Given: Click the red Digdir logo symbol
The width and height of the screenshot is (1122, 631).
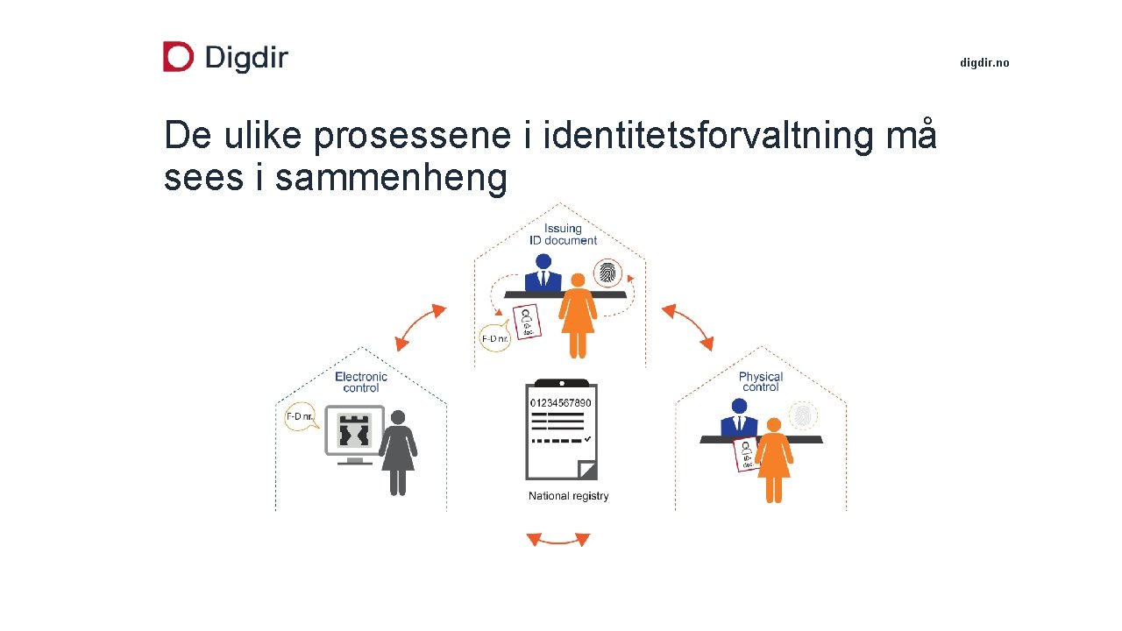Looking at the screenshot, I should point(178,57).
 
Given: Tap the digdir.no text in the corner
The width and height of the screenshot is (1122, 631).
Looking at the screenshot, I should point(984,63).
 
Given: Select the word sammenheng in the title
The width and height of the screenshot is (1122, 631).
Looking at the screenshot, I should point(391,177).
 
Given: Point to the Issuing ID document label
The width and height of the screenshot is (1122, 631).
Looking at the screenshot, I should point(563,234).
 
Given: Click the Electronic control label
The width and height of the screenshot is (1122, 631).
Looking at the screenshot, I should point(361,382).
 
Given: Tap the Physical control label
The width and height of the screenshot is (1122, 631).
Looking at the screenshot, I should point(760,382).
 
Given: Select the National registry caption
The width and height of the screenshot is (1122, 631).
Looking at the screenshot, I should point(568,496).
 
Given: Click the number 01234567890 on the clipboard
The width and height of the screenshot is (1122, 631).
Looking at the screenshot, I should point(561,402).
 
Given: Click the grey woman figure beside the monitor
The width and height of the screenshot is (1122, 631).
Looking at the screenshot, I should point(399,451).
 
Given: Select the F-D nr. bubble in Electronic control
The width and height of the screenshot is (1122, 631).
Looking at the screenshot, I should point(300,416).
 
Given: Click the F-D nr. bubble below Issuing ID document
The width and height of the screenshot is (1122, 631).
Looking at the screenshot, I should point(495,338).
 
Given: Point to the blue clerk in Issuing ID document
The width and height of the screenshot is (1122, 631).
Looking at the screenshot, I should point(543,273).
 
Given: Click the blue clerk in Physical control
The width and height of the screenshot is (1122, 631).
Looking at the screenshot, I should point(739,418).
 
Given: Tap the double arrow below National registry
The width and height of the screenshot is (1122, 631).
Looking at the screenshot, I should point(558,539).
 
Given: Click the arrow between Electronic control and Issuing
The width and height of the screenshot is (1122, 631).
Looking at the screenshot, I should point(420,328).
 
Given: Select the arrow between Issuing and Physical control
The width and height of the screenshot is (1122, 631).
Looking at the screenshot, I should point(687,327).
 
